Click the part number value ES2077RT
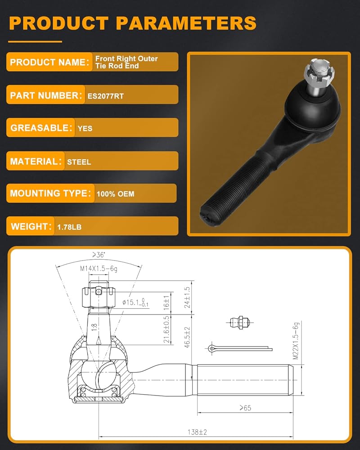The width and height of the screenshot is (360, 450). point(106,96)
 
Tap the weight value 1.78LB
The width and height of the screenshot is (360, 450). point(69,227)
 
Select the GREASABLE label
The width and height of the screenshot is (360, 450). point(41,128)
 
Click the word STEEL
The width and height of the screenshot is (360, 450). point(79,162)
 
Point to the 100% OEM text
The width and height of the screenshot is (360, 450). point(115,194)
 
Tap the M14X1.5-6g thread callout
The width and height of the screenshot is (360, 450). point(99,268)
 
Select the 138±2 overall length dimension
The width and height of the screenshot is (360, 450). point(197,432)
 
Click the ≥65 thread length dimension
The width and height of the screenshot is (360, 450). point(245,408)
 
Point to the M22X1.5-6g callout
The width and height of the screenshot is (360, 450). point(296,341)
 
